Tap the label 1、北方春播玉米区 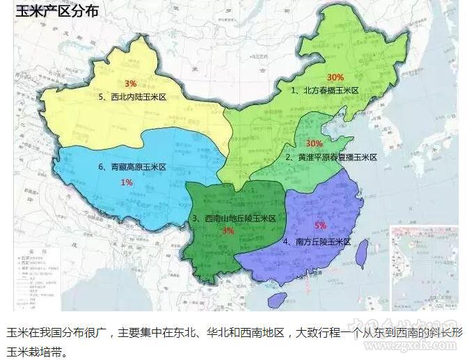click(x=324, y=91)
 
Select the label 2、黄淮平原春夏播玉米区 click(x=331, y=157)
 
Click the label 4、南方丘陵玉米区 click(x=317, y=242)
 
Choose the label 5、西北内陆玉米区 click(x=133, y=98)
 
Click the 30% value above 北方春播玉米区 click(x=335, y=77)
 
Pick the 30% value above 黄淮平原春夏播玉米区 click(x=314, y=143)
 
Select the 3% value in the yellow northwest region click(x=130, y=84)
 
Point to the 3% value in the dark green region click(x=228, y=230)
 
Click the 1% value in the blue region click(x=127, y=182)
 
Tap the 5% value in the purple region click(x=320, y=226)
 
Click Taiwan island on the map click(x=361, y=254)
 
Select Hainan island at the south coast click(x=277, y=300)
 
